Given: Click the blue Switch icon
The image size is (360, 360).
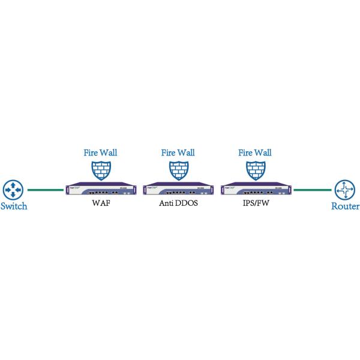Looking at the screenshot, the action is pos(12,191).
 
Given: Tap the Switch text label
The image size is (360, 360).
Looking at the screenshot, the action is pos(14,207).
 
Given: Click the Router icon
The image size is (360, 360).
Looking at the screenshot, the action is pos(346,191).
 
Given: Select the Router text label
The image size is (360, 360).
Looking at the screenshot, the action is pos(346,207).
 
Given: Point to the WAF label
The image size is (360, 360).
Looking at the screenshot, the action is pos(101,204).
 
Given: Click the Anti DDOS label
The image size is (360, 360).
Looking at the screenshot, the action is pos(178,204).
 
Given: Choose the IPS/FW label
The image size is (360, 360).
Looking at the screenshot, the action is pos(254,204).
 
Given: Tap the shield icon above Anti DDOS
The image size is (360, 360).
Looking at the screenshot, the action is pos(178,170).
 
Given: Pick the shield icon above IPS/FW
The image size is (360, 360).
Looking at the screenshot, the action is pos(254,170).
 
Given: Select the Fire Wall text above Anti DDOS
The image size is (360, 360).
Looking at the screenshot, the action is pos(178,152).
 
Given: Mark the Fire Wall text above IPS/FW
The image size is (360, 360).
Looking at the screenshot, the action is pos(254,152).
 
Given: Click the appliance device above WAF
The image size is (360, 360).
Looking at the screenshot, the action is pos(101,190).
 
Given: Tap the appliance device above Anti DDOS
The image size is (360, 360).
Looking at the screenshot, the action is pos(178,190).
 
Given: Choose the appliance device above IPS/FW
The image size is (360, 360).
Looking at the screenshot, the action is pos(254,190).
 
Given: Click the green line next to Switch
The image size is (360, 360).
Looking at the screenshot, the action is pos(46,191).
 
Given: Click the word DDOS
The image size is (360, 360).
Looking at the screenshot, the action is pos(187,204).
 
